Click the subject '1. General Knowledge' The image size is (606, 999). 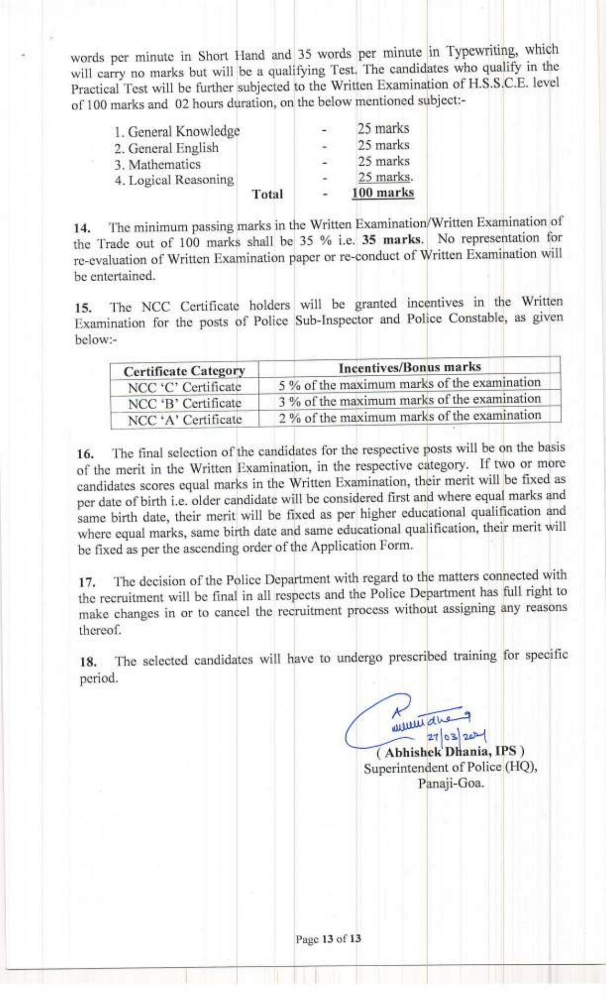[177, 131]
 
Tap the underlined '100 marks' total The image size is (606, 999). [383, 193]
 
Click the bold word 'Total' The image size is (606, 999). [268, 194]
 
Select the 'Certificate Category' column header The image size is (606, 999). [184, 371]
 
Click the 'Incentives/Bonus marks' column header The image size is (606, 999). [410, 367]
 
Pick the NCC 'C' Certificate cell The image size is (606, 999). [184, 387]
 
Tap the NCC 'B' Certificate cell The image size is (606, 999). [184, 403]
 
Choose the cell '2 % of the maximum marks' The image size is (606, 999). [410, 416]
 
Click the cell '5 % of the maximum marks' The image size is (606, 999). [410, 383]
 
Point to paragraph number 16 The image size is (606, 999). [84, 453]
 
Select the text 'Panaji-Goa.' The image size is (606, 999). [451, 784]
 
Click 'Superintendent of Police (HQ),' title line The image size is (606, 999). [450, 768]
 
